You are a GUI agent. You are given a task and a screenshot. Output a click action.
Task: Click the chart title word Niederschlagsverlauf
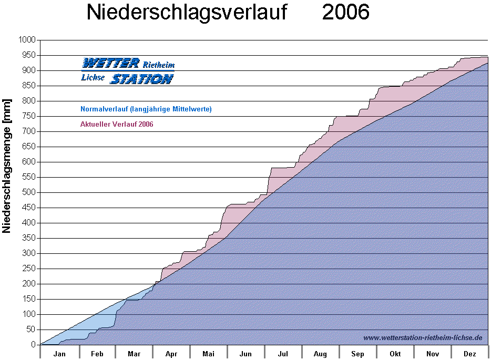(187, 13)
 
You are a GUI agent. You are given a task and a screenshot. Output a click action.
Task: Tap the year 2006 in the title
(345, 13)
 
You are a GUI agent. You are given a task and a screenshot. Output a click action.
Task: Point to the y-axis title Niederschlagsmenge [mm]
(7, 166)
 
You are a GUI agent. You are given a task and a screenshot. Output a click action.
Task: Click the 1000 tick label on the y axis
(27, 40)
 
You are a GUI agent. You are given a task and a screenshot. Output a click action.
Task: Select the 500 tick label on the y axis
(29, 192)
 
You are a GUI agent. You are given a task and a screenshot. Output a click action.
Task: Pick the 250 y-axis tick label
(29, 269)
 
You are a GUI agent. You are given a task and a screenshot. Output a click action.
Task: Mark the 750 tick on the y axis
(29, 116)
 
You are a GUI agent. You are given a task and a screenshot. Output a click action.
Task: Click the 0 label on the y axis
(33, 345)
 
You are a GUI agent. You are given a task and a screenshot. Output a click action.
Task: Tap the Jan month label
(59, 354)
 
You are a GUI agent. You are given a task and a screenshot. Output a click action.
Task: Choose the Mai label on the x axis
(209, 354)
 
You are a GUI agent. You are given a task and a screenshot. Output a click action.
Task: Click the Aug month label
(320, 354)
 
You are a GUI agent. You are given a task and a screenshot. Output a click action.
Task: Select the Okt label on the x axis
(395, 354)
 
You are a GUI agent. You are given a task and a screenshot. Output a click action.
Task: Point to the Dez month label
(470, 354)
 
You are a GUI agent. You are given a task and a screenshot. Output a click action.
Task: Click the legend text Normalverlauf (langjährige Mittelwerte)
(146, 109)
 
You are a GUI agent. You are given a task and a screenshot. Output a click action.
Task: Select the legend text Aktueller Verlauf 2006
(117, 125)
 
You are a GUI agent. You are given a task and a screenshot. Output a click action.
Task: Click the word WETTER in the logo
(111, 64)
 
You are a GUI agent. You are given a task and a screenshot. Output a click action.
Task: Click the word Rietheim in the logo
(158, 65)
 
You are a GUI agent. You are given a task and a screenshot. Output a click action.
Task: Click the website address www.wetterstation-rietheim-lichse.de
(423, 337)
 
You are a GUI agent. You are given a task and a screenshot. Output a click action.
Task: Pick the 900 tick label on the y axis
(29, 70)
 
